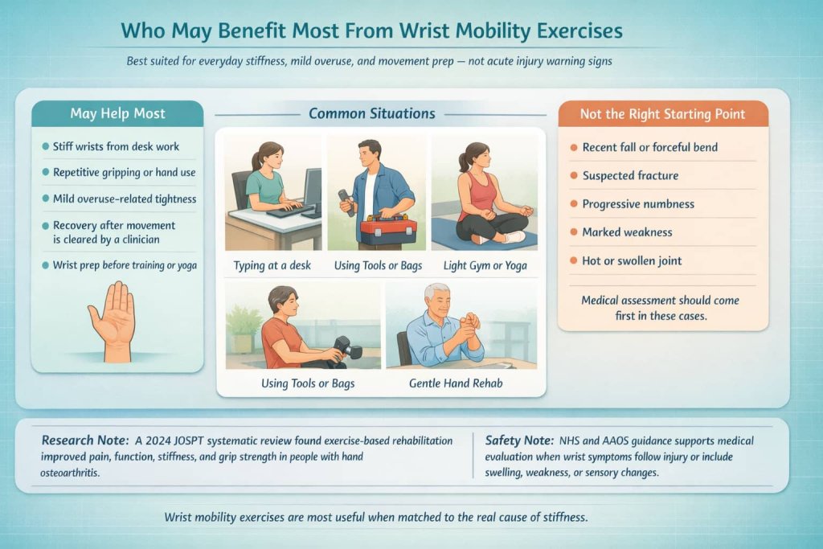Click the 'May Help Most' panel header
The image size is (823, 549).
coord(117,113)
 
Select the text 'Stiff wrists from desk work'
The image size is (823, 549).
coord(116,146)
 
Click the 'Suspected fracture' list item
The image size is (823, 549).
coord(630,175)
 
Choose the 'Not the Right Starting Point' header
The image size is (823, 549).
coord(662,113)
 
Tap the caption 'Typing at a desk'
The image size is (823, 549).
coord(272,265)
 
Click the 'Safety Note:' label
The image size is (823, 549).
coord(518,440)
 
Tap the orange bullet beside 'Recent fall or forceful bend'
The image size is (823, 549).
coord(573,148)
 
